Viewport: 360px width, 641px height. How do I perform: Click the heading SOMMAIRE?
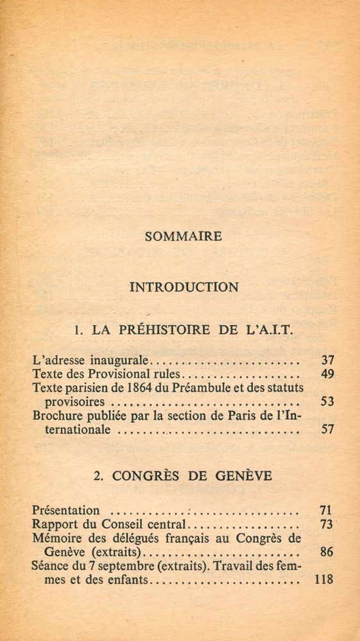click(x=183, y=236)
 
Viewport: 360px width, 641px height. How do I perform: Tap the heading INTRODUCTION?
click(x=184, y=287)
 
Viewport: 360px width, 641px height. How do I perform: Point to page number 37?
click(x=327, y=361)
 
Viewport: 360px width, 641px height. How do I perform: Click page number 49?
click(x=327, y=374)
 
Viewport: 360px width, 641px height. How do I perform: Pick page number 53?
click(x=327, y=403)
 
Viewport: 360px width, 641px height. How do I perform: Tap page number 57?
click(x=327, y=430)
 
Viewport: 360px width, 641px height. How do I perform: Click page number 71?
click(x=325, y=510)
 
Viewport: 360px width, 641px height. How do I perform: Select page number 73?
click(x=325, y=524)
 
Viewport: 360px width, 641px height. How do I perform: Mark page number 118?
click(x=323, y=580)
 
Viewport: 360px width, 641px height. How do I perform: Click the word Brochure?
click(x=57, y=417)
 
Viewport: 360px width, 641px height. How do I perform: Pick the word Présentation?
click(x=66, y=511)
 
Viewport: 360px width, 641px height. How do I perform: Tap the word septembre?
click(x=122, y=567)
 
